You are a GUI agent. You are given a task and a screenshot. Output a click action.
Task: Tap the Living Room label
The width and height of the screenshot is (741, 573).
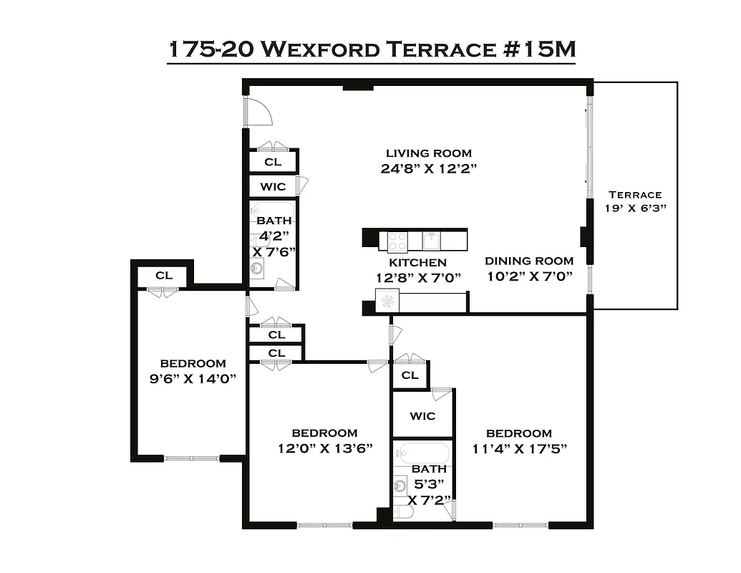tap(429, 153)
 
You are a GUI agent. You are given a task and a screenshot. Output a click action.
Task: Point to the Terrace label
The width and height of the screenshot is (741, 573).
tap(634, 194)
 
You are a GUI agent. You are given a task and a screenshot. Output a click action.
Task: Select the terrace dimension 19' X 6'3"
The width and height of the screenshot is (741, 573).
tap(634, 208)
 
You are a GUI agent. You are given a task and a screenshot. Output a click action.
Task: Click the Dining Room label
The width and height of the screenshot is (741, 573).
tap(529, 261)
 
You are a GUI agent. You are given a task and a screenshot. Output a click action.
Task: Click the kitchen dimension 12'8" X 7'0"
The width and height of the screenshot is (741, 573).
tap(418, 277)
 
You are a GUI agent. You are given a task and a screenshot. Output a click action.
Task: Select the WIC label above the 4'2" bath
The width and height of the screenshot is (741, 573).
tap(272, 187)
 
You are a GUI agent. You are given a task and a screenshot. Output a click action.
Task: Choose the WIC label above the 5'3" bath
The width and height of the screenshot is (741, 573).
tap(422, 417)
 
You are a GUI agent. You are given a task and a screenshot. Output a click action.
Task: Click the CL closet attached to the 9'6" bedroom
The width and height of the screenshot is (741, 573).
tap(163, 276)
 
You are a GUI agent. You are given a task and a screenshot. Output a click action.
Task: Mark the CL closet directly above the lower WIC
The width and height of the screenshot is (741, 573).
tap(410, 375)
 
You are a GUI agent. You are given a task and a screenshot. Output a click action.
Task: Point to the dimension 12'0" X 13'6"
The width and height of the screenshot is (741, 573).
tap(324, 449)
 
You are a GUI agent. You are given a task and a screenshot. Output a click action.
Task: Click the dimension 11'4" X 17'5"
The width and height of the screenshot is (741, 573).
tap(519, 449)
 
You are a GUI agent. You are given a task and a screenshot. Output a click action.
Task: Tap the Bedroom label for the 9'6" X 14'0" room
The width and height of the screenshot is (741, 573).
tap(193, 364)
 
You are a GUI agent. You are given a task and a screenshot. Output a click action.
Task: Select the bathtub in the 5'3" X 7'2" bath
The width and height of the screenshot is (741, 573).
tap(423, 453)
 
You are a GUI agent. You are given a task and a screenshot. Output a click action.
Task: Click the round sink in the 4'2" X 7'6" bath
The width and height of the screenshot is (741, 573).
tap(257, 269)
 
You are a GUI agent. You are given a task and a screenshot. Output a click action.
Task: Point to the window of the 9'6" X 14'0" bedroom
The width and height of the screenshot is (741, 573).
tap(192, 458)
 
